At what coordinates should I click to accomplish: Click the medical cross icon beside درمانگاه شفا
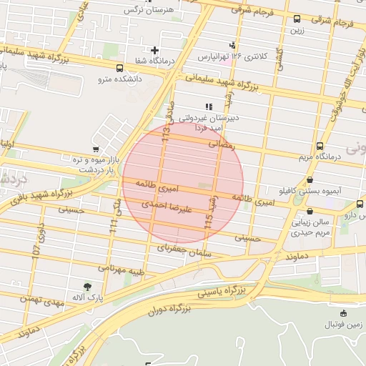(x=154, y=49)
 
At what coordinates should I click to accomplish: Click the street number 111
(x=113, y=227)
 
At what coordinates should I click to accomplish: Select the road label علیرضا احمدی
(x=148, y=205)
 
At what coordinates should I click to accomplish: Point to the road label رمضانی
(x=220, y=144)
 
